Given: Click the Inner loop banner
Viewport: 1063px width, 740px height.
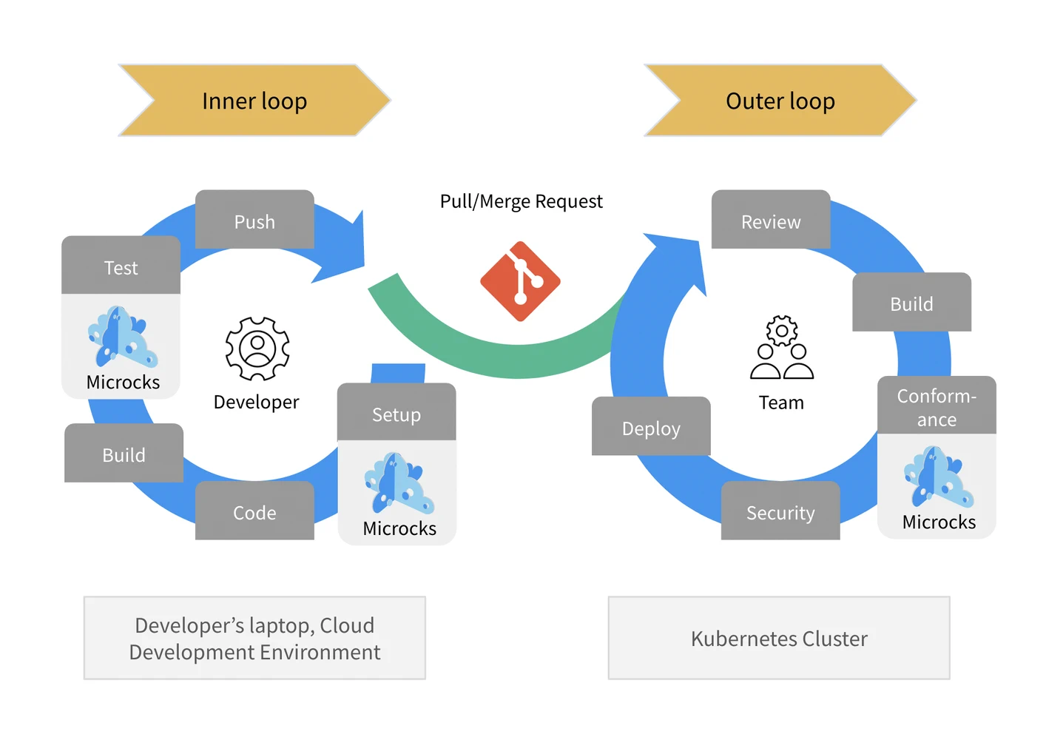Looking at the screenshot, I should [x=254, y=101].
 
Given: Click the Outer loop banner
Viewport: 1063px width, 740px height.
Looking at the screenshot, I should [x=780, y=101].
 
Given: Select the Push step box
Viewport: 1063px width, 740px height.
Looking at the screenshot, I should [x=254, y=221].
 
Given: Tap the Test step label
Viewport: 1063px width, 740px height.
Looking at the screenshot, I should [x=121, y=266].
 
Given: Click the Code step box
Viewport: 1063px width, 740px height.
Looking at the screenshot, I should [x=254, y=511].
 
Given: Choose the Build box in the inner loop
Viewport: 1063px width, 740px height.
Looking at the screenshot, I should [x=124, y=454].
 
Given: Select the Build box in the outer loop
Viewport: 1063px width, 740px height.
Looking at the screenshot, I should [x=911, y=303].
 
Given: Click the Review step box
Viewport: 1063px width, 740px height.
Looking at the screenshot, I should [x=771, y=221].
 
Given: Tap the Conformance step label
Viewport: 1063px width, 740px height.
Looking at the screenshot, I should [x=937, y=406].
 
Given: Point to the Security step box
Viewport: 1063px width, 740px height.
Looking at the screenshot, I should [x=780, y=511].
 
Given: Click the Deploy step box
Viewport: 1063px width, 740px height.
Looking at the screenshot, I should [x=651, y=427].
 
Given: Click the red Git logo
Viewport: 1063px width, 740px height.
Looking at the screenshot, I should [x=520, y=281].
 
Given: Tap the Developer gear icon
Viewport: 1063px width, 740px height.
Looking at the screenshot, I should [x=257, y=348].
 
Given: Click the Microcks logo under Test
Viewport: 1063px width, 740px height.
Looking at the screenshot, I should [x=122, y=337].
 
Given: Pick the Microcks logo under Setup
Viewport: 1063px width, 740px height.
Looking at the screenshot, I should [x=399, y=483].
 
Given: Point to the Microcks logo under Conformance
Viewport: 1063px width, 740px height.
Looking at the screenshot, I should [x=938, y=477].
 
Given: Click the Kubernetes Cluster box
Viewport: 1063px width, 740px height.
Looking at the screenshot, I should [x=779, y=638].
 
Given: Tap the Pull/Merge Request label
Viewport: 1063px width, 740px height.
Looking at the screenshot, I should [x=521, y=201].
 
